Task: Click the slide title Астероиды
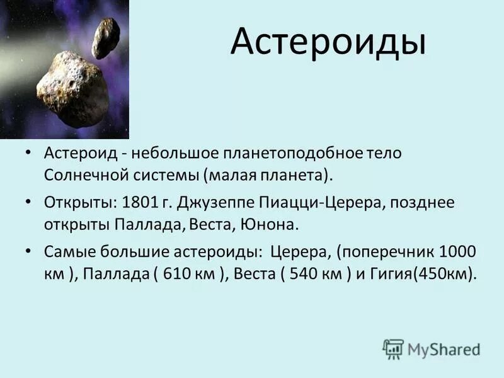[328, 42]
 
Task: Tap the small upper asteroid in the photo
[105, 37]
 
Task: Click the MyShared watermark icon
[393, 348]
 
